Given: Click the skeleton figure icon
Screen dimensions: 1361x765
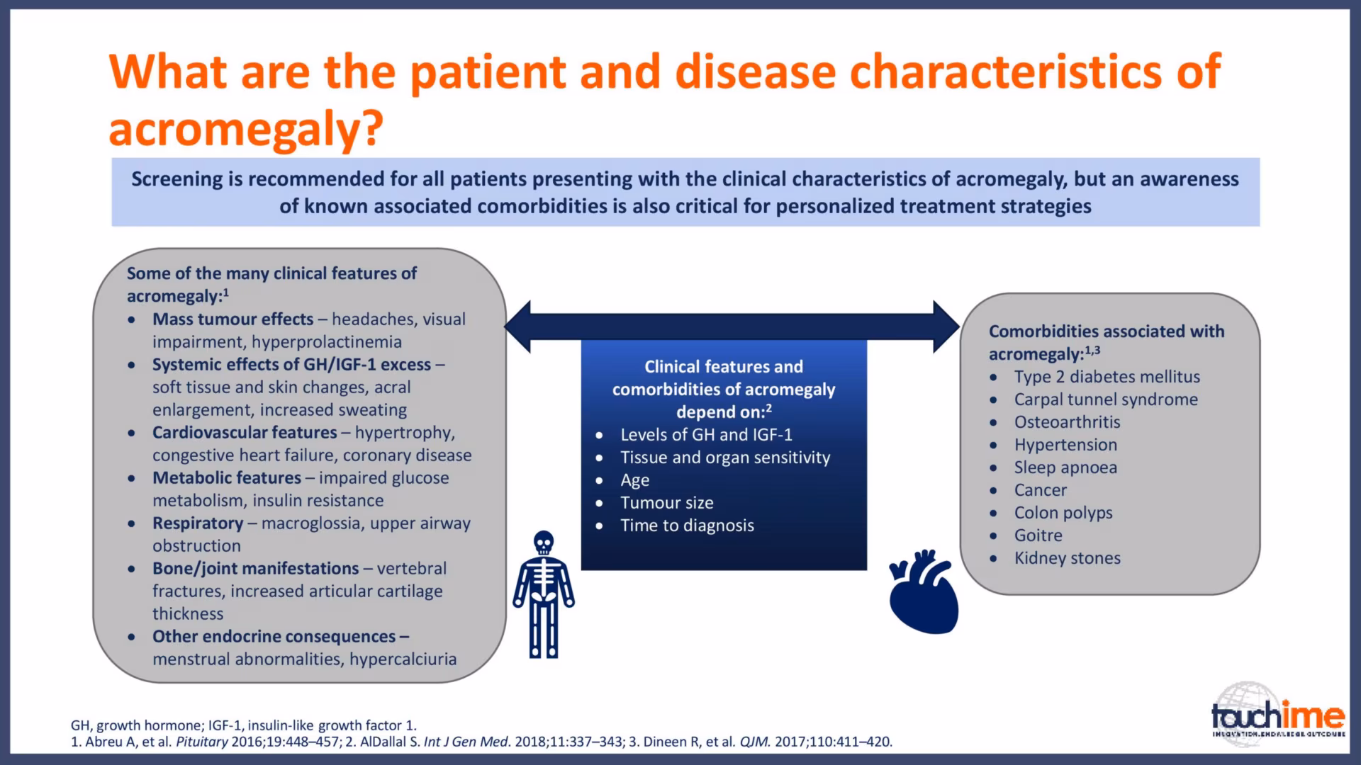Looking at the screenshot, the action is pyautogui.click(x=544, y=594).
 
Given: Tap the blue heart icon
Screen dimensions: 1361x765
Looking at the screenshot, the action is pyautogui.click(x=924, y=591).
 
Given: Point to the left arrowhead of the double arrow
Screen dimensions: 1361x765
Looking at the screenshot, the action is pyautogui.click(x=517, y=326).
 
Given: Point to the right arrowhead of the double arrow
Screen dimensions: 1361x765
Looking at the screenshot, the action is pyautogui.click(x=946, y=326).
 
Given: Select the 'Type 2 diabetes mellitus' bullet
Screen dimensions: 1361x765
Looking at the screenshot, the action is pyautogui.click(x=1107, y=377).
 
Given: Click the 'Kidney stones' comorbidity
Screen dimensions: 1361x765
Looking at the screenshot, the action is pyautogui.click(x=1068, y=558).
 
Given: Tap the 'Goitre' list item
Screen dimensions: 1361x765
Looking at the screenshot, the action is pyautogui.click(x=1038, y=535).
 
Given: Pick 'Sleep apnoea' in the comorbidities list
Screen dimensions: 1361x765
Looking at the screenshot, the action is pyautogui.click(x=1065, y=467).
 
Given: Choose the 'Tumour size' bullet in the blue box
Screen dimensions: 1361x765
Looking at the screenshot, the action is pyautogui.click(x=667, y=503).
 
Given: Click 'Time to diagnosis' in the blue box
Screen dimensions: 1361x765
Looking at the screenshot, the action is pyautogui.click(x=688, y=526).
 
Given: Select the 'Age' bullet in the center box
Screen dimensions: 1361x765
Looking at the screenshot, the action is pyautogui.click(x=635, y=480).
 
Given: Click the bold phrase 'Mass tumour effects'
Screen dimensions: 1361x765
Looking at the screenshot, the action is pyautogui.click(x=233, y=319).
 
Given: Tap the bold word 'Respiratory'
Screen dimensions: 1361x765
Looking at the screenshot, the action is pyautogui.click(x=198, y=523).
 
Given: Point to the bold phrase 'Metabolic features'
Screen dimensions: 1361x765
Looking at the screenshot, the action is pyautogui.click(x=227, y=478).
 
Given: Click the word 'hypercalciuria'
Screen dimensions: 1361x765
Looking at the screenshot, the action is pyautogui.click(x=403, y=659).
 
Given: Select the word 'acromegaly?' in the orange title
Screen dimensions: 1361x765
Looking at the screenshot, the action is pyautogui.click(x=246, y=128).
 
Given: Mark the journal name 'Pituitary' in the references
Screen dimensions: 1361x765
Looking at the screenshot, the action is pyautogui.click(x=202, y=742).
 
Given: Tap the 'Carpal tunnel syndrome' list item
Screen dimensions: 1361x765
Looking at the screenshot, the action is pyautogui.click(x=1106, y=399).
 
